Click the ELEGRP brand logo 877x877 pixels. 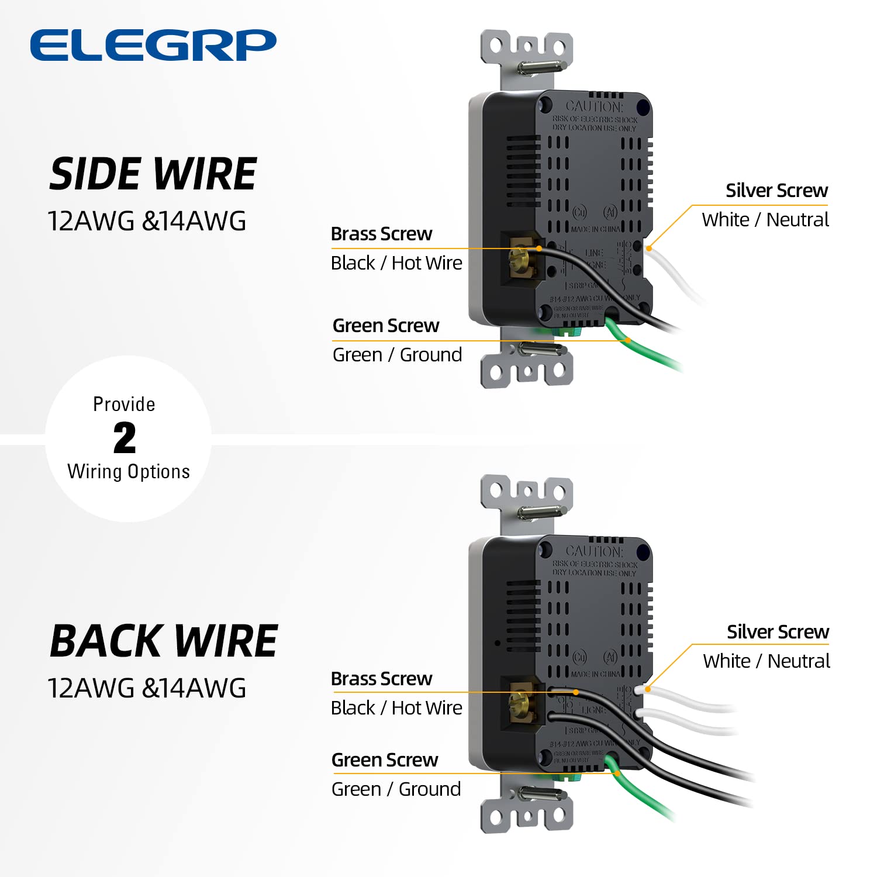coord(153,45)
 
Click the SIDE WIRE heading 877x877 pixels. coord(153,174)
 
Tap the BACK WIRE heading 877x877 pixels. coord(163,641)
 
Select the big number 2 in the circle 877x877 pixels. coord(125,438)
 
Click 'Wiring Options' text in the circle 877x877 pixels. coord(129,471)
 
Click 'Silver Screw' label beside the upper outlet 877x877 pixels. coord(776,191)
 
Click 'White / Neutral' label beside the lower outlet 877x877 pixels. coord(766,661)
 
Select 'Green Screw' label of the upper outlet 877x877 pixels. coord(385,326)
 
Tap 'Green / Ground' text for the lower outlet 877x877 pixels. coord(396,789)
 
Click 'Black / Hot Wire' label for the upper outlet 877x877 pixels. coord(396,263)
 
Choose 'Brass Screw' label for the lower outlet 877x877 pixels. coord(381,679)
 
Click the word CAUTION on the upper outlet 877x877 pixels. coord(594,107)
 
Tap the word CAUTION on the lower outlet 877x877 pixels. coord(594,551)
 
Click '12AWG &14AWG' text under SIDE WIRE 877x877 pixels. coord(147,222)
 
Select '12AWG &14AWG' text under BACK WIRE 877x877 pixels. coord(147,688)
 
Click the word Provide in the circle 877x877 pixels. coord(124,405)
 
